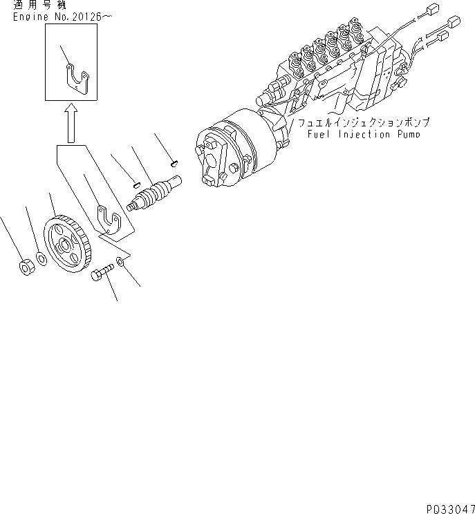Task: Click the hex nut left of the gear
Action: click(24, 265)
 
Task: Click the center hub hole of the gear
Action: click(66, 244)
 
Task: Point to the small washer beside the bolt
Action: click(122, 262)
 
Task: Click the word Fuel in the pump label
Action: click(320, 135)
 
